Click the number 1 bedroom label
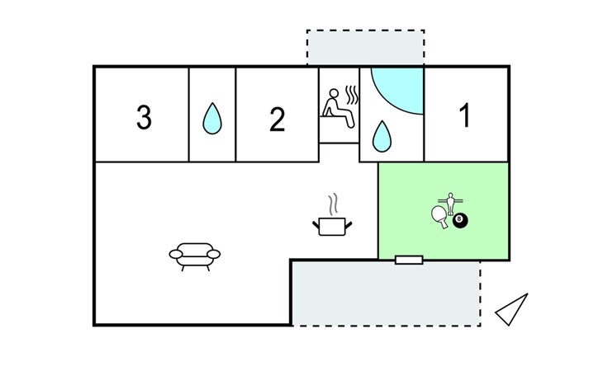click(465, 116)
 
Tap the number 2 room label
click(278, 120)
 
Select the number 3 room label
click(144, 118)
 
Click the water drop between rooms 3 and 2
click(213, 120)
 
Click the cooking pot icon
click(332, 226)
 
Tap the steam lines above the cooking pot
click(333, 202)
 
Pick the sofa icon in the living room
click(195, 256)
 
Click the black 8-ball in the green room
click(461, 221)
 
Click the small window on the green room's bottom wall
click(409, 260)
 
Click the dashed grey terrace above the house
click(365, 48)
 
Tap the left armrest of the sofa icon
click(173, 255)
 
